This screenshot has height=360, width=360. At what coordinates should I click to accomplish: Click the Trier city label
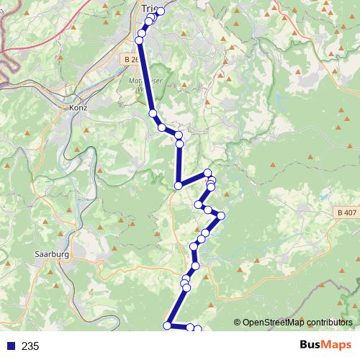point(150,8)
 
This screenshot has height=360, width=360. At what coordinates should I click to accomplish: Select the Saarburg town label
point(51,254)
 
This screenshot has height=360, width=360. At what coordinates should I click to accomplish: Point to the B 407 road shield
point(346,212)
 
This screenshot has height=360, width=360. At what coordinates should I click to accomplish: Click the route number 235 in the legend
point(30,346)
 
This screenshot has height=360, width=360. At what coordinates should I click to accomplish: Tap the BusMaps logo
point(323,346)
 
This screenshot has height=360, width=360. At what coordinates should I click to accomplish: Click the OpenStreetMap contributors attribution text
point(297,322)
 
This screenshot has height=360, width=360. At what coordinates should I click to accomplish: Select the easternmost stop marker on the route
point(221,215)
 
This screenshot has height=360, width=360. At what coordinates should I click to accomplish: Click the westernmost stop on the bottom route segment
point(167,325)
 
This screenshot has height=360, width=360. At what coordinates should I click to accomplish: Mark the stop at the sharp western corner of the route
point(178,186)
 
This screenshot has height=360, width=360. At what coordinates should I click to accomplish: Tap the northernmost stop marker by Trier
point(161,11)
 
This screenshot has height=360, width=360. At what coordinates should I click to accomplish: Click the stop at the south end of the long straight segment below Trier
point(153,113)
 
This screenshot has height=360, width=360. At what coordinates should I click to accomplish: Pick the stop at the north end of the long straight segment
point(141,40)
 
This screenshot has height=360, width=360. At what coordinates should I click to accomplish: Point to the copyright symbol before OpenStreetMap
point(237,322)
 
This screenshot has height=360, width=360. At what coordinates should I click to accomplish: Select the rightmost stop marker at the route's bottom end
point(198,329)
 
